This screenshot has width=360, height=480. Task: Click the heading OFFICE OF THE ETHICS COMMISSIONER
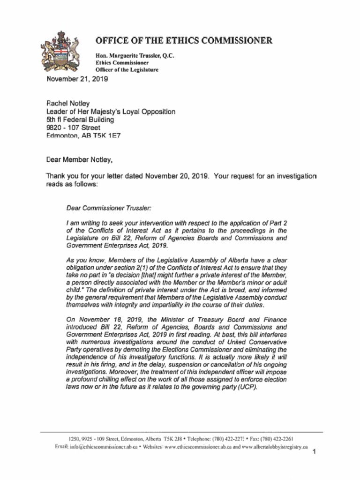click(184, 40)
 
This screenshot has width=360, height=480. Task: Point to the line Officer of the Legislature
click(127, 70)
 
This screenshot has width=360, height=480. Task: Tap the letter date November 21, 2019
click(77, 79)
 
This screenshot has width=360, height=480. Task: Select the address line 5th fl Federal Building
click(80, 120)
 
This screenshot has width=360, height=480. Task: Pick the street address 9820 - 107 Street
click(73, 127)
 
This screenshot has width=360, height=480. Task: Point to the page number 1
click(315, 452)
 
